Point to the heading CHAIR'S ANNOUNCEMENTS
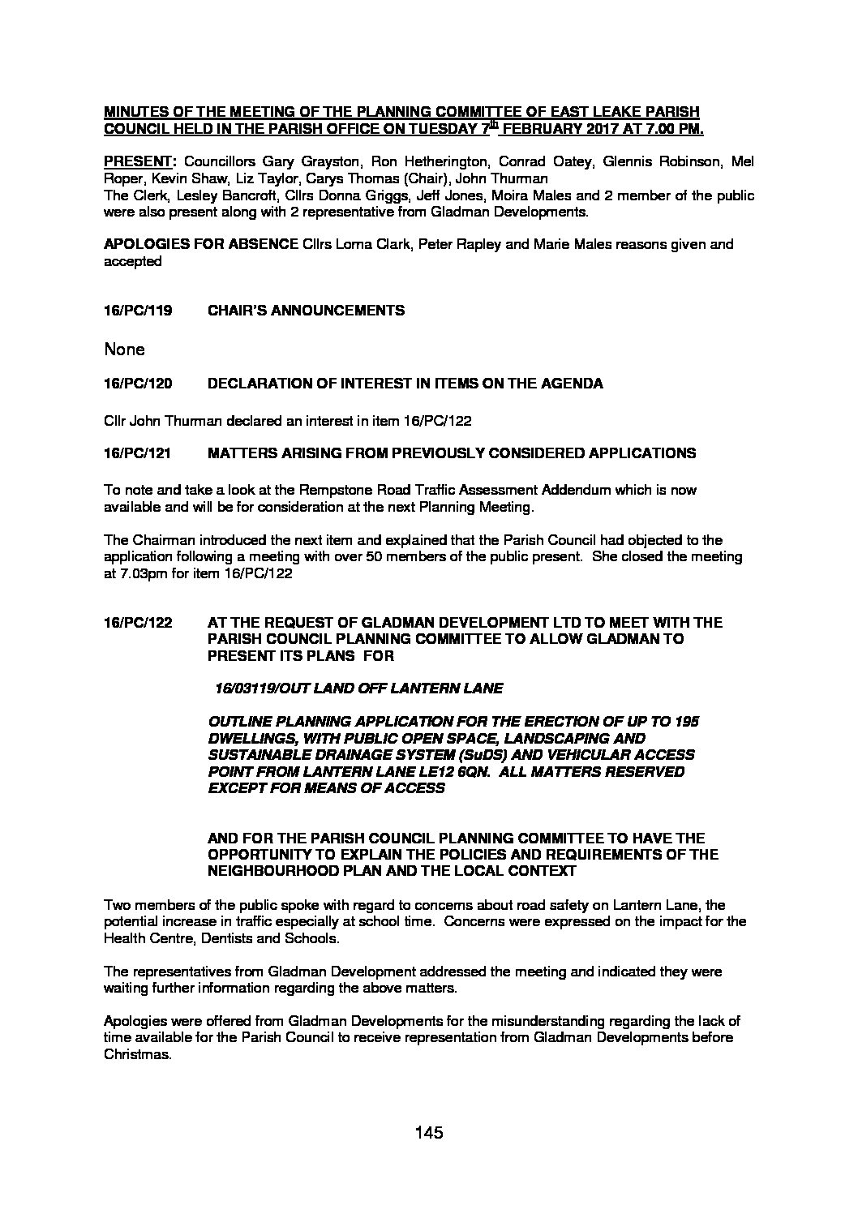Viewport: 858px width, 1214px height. click(x=307, y=311)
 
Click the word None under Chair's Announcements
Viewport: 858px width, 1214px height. click(x=124, y=350)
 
